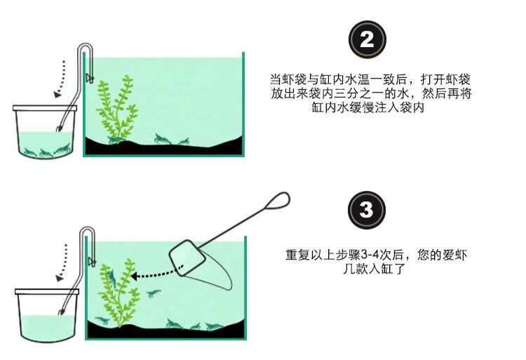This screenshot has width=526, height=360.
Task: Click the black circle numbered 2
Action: pos(367,39)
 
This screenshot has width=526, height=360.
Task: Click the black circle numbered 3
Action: pos(366,210)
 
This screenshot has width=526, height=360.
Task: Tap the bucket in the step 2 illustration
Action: pos(45,131)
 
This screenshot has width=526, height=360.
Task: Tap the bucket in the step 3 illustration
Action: pos(47,315)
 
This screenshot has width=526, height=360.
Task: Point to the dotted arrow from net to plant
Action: pos(156,274)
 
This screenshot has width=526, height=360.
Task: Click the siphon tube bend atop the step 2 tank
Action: pos(85,48)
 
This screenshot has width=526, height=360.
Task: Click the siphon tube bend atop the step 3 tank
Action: pos(87,232)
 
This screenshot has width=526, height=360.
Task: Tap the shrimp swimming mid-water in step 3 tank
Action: pos(154,294)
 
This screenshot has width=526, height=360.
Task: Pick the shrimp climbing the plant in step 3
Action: pos(112,276)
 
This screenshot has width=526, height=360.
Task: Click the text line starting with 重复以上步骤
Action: pos(376,255)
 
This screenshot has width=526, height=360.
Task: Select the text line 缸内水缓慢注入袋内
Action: pos(368,107)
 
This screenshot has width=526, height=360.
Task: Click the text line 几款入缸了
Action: pos(374,268)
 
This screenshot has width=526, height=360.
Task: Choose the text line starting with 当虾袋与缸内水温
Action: pos(370,79)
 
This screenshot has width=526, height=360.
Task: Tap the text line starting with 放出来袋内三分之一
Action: pos(371,93)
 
